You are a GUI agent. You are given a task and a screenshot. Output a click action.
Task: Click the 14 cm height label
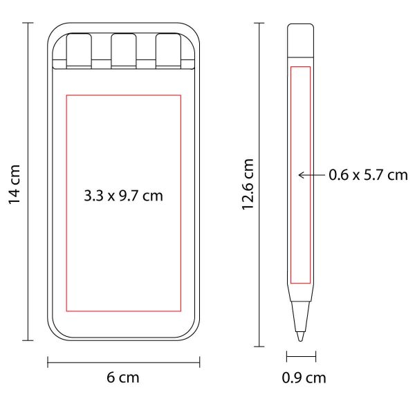15,185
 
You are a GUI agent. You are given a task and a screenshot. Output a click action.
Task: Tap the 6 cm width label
123,378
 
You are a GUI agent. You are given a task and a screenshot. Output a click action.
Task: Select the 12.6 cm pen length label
248,185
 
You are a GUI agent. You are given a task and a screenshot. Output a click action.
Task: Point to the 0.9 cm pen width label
304,378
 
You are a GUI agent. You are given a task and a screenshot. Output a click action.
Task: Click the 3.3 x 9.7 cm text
123,196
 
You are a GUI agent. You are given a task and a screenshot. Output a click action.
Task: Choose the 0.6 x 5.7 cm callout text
368,175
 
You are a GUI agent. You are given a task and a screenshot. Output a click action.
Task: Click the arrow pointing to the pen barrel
311,175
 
